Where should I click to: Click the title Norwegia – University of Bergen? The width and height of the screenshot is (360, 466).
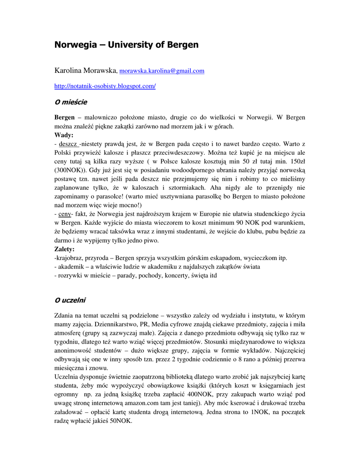(x=127, y=45)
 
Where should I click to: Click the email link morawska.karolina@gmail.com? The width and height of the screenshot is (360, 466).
(x=162, y=71)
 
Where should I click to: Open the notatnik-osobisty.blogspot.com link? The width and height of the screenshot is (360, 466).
(x=105, y=86)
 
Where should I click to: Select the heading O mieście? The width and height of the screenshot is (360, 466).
(x=71, y=102)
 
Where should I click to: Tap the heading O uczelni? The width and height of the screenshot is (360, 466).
(x=70, y=300)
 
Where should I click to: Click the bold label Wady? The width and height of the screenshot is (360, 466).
(x=64, y=135)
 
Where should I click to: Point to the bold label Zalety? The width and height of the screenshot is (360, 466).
(x=65, y=249)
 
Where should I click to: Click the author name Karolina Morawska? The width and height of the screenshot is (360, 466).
(x=86, y=71)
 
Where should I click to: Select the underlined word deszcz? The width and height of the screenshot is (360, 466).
(x=68, y=144)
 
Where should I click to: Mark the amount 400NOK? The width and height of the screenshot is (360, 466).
(x=201, y=395)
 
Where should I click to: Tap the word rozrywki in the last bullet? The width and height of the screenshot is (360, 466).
(x=70, y=276)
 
